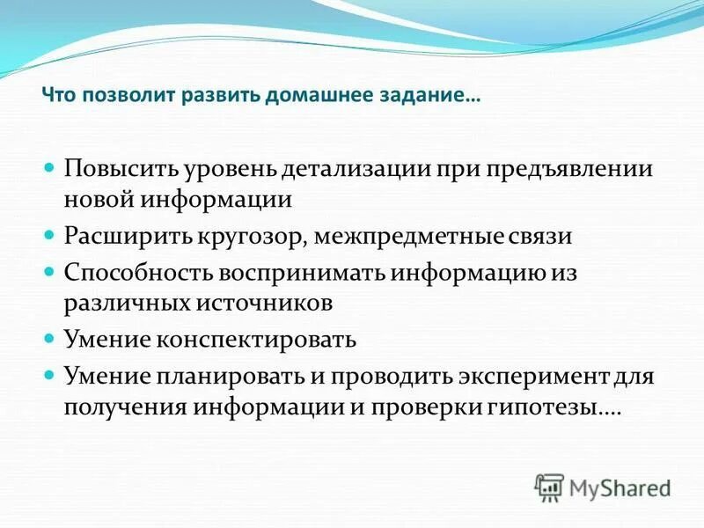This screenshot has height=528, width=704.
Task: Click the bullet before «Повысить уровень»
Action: tap(51, 167)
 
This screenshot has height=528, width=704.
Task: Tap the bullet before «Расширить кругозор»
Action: tap(51, 236)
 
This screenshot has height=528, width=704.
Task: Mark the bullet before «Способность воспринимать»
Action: tap(51, 270)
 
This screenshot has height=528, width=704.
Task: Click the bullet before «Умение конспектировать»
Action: tap(51, 338)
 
